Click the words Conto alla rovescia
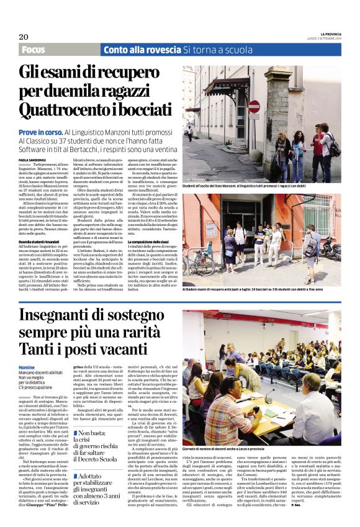coord(133,50)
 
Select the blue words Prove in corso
coord(40,132)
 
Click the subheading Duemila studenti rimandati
coord(42,241)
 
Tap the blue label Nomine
coord(27,367)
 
